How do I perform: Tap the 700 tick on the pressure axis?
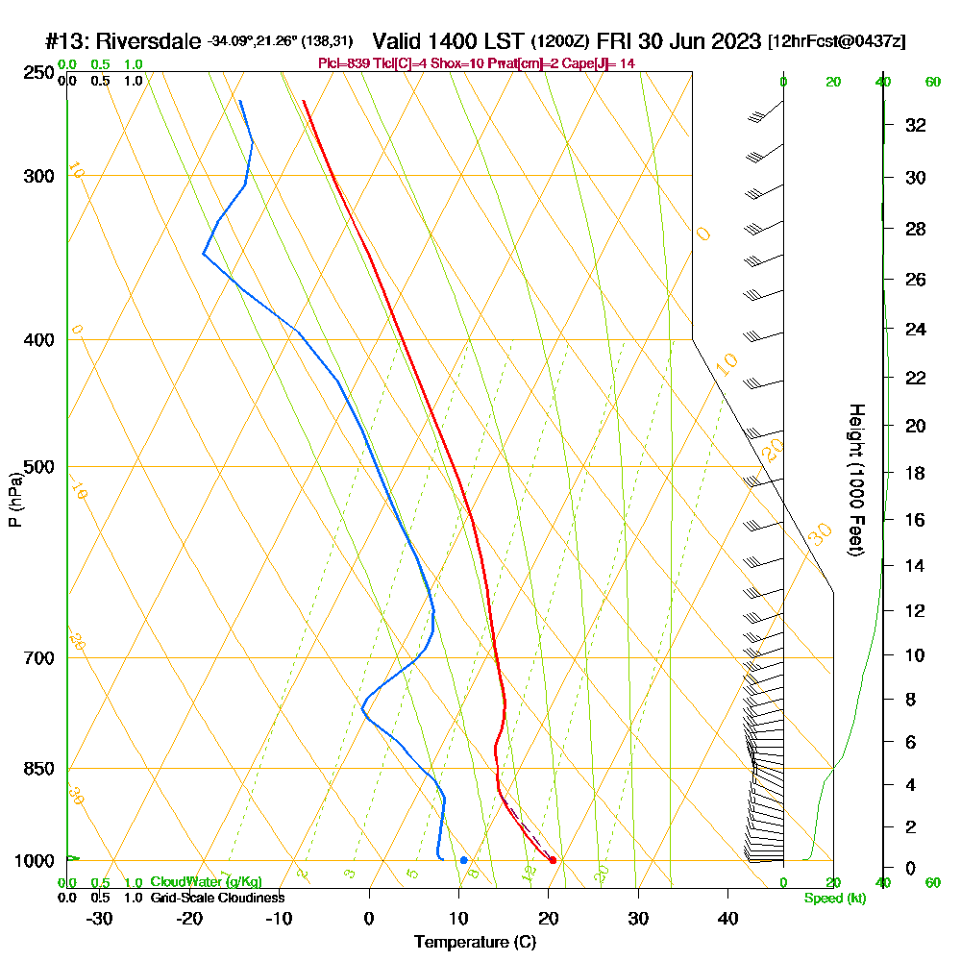point(39,658)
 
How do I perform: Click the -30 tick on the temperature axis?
point(100,919)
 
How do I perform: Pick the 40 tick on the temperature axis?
point(727,919)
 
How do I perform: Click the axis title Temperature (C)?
point(475,943)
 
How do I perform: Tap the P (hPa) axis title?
point(14,500)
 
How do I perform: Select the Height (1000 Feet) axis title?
point(853,479)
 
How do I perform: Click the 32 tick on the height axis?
point(915,125)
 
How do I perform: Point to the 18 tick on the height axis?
point(915,473)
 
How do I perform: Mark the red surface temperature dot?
point(553,860)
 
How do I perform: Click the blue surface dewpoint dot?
point(464,860)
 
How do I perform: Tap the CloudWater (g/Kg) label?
point(206,882)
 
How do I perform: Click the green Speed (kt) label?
point(832,898)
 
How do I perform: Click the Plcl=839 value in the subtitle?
point(340,63)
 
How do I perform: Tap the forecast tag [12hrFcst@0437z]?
point(836,42)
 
